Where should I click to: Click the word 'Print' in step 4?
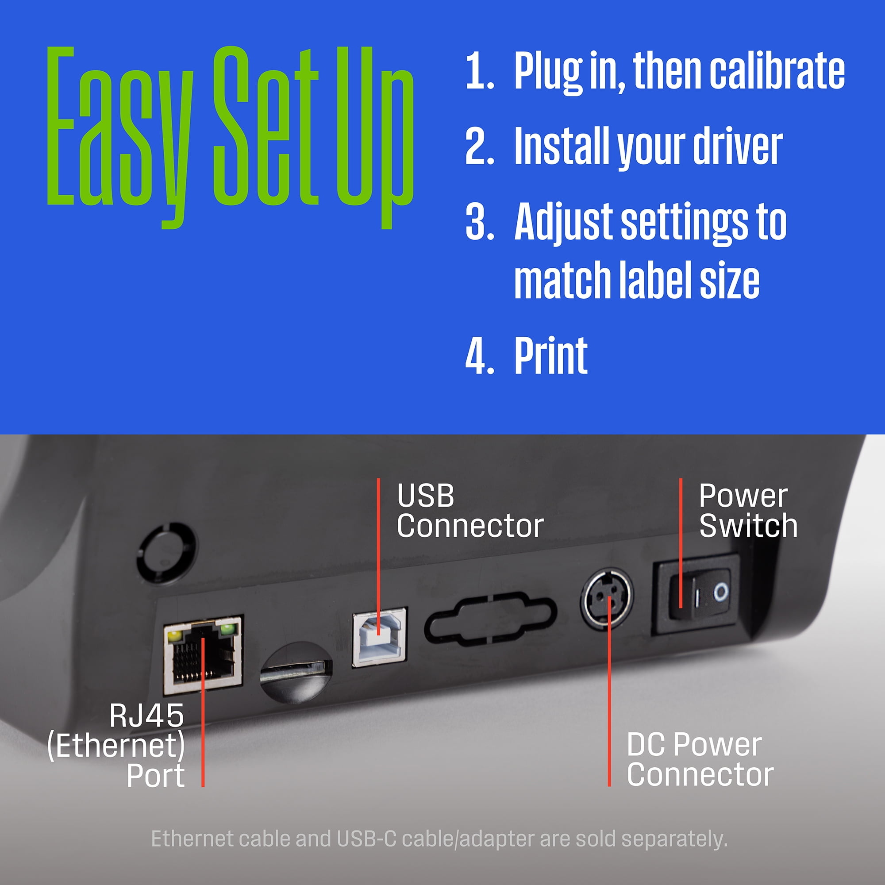click(x=550, y=355)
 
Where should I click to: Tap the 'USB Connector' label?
click(x=470, y=511)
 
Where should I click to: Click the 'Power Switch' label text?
click(x=748, y=511)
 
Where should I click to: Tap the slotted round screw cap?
click(x=296, y=673)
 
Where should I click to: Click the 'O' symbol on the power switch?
click(x=720, y=593)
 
